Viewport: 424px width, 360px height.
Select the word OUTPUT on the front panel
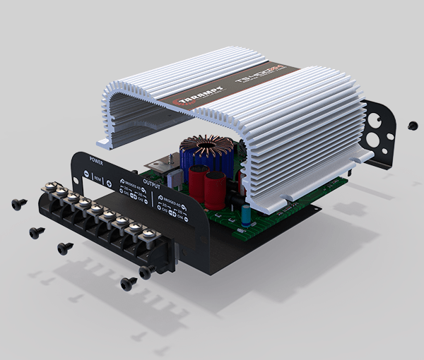[151, 181]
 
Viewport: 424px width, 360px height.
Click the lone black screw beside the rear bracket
[413, 125]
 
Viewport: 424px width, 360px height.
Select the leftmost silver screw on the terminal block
[50, 188]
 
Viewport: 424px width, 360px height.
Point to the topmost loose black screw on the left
[19, 205]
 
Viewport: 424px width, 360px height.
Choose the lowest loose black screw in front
[128, 284]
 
